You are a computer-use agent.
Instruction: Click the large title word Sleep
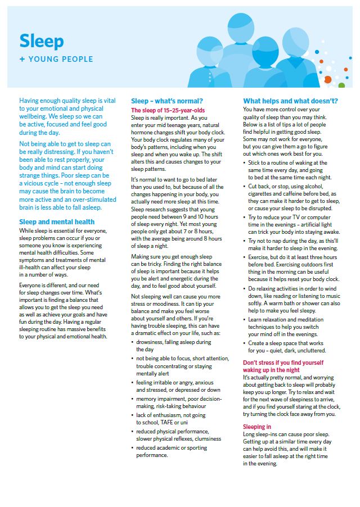41,40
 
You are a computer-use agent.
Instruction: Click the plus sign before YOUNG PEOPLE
22,59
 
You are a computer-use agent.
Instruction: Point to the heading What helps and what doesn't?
290,101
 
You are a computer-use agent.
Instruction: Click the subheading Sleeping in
257,427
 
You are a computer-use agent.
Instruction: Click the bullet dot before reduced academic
132,448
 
